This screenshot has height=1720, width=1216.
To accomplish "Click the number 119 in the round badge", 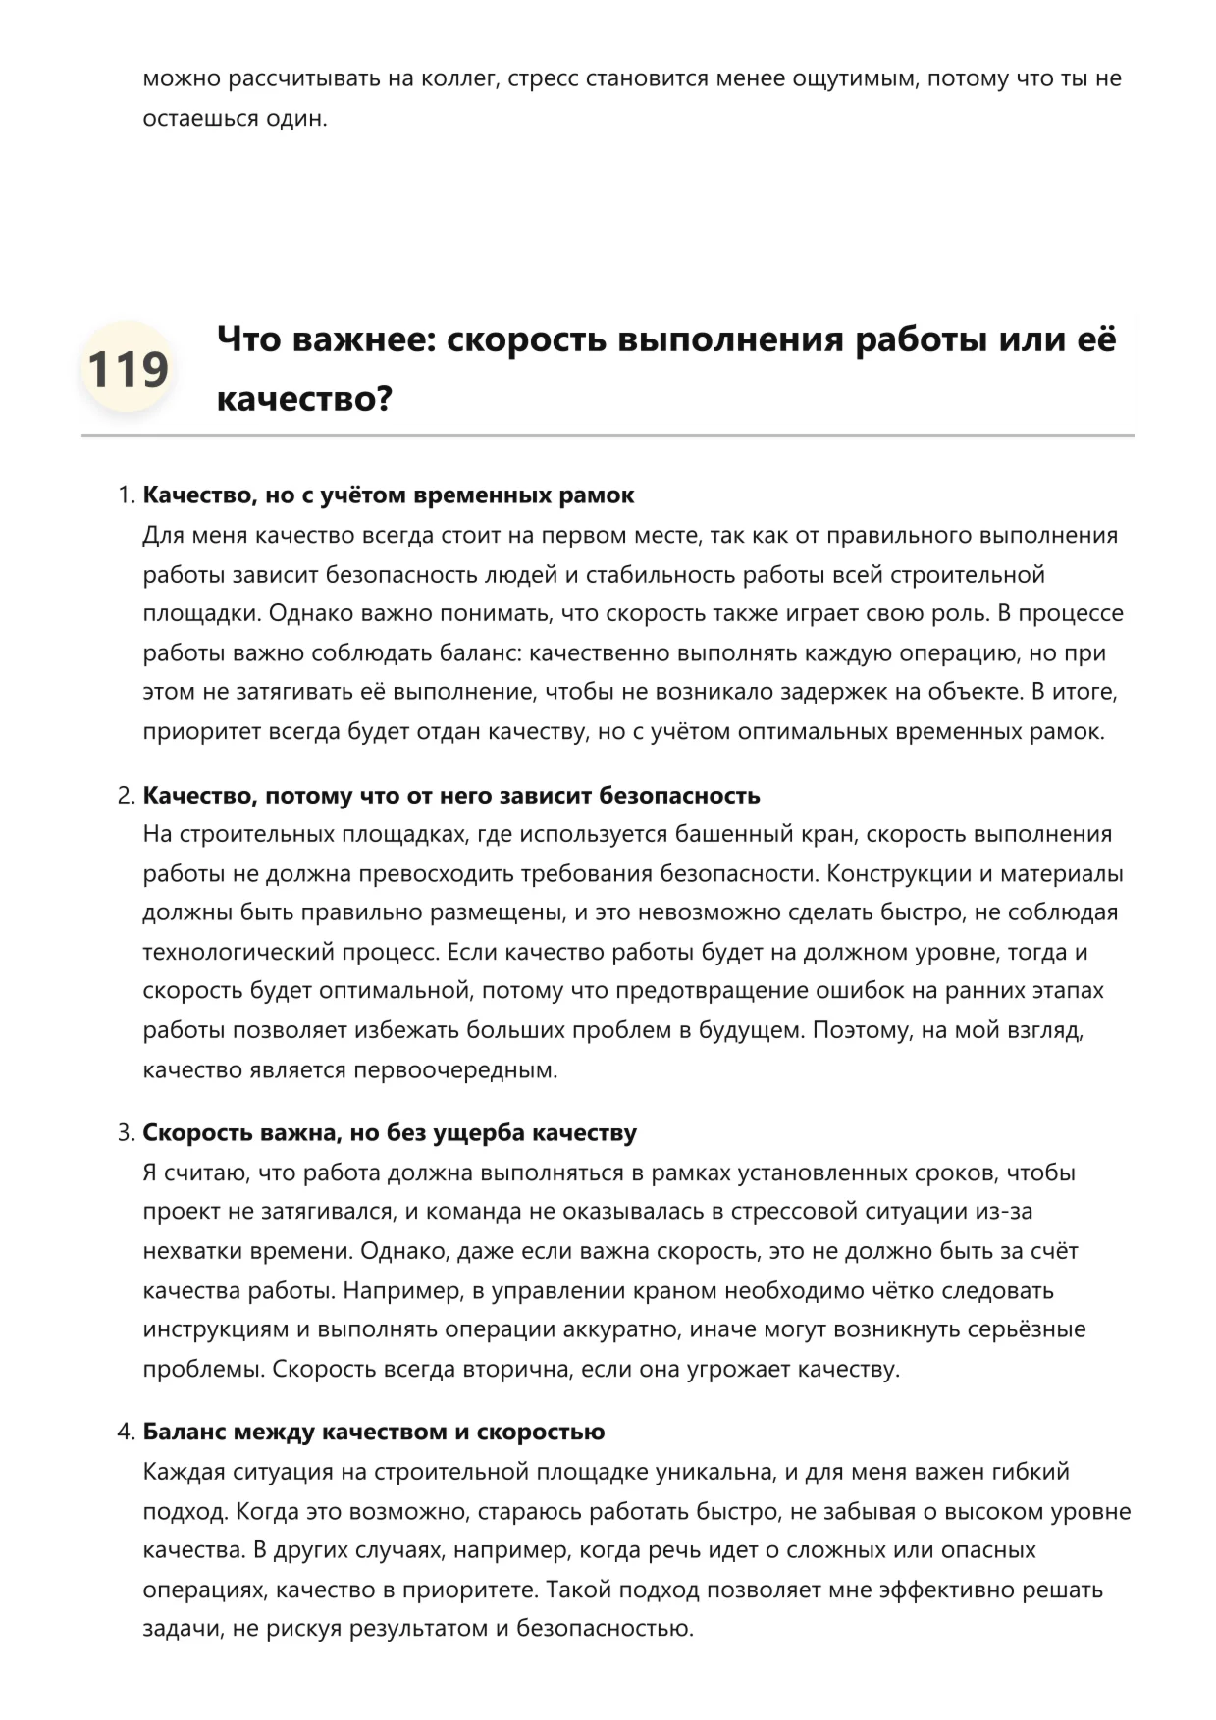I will click(128, 369).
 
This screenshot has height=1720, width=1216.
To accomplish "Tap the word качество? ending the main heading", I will click(304, 399).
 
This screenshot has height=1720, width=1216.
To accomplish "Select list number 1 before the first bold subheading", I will click(126, 495).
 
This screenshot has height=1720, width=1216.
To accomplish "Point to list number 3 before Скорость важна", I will click(126, 1133).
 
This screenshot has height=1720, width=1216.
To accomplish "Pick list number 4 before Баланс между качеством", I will click(126, 1433).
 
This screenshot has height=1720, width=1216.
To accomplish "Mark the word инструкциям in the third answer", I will click(214, 1330).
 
